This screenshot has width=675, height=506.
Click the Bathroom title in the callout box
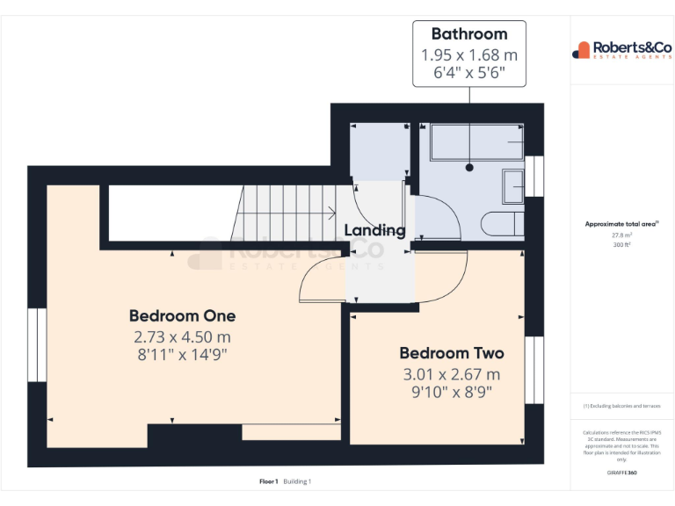[469, 34]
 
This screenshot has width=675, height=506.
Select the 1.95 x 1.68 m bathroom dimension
[469, 54]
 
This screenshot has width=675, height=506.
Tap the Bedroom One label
[182, 315]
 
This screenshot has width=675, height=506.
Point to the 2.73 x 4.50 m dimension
[182, 336]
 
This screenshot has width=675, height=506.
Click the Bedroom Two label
[452, 353]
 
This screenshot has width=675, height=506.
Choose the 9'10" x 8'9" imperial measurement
[452, 392]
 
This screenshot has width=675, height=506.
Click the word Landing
[374, 230]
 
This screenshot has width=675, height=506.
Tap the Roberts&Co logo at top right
[621, 49]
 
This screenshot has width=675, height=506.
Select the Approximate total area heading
[621, 225]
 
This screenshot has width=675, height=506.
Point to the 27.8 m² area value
[621, 235]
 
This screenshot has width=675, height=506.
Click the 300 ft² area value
[621, 245]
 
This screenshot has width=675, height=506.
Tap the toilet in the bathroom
[502, 223]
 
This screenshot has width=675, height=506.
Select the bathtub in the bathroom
[470, 144]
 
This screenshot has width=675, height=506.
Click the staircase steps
[281, 213]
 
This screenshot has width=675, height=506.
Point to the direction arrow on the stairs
[330, 213]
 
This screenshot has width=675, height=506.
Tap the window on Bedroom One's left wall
[36, 344]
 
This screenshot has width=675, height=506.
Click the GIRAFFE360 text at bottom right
[621, 473]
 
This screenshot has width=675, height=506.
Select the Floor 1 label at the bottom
[268, 481]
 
